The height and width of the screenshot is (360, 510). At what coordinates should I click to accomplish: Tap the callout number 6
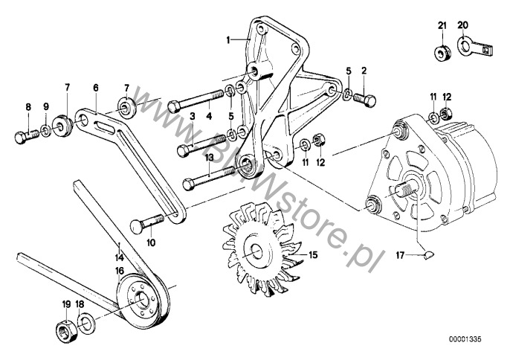[95, 88]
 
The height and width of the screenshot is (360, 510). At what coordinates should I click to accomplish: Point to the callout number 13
[210, 158]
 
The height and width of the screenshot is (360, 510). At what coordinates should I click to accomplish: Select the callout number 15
[313, 254]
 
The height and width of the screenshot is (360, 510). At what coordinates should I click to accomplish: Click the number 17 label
[400, 256]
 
